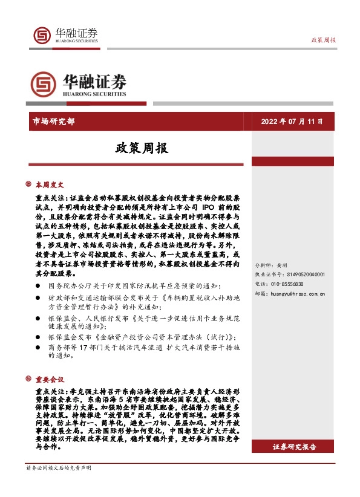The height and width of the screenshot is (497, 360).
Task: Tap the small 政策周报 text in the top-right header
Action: (x=324, y=39)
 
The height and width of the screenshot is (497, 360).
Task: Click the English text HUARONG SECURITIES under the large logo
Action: (x=93, y=94)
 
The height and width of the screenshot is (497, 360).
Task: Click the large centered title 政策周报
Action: (x=142, y=148)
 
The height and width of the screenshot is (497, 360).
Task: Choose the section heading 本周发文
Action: (x=49, y=184)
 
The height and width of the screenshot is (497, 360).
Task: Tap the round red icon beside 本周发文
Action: (x=28, y=184)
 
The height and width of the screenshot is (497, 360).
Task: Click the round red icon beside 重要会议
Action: (x=28, y=380)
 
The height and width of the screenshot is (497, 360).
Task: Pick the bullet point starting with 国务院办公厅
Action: (x=133, y=285)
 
